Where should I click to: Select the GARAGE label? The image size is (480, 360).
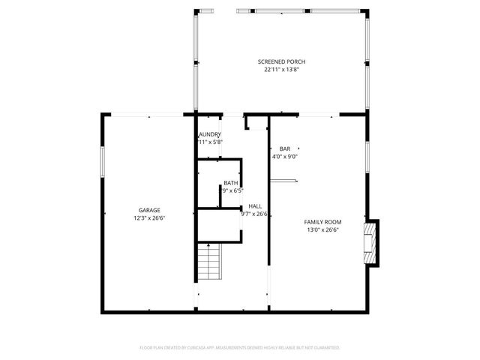pyautogui.click(x=148, y=210)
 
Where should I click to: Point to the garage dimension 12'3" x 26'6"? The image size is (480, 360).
pyautogui.click(x=148, y=218)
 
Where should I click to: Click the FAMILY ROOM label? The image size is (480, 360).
pyautogui.click(x=322, y=222)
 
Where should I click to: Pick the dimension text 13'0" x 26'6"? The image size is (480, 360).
pyautogui.click(x=322, y=230)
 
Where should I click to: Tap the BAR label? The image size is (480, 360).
pyautogui.click(x=284, y=148)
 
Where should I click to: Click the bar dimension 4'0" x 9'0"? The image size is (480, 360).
pyautogui.click(x=288, y=157)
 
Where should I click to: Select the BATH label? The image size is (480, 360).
pyautogui.click(x=230, y=183)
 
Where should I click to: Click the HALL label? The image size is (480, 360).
pyautogui.click(x=255, y=205)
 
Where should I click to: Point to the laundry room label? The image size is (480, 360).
pyautogui.click(x=209, y=134)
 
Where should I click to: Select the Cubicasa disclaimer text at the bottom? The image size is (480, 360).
pyautogui.click(x=240, y=347)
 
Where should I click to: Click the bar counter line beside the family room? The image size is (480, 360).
pyautogui.click(x=285, y=180)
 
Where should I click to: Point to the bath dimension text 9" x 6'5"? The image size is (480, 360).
pyautogui.click(x=232, y=190)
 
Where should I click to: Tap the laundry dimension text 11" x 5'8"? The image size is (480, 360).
pyautogui.click(x=210, y=142)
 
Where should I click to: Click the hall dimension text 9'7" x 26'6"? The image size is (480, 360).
pyautogui.click(x=253, y=214)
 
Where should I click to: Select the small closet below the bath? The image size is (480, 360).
pyautogui.click(x=218, y=225)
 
